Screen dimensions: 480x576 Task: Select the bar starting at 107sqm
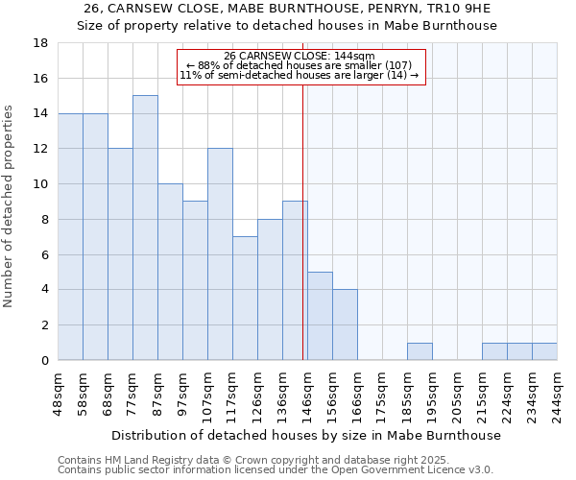point(220,254)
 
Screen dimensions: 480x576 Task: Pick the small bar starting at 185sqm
point(420,351)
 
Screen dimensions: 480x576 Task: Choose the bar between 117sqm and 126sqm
point(245,299)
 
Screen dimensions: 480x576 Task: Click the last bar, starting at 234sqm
point(544,351)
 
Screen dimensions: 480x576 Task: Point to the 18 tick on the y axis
point(40,43)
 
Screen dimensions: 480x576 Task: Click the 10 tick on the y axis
point(40,184)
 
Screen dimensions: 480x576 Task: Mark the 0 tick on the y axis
point(44,361)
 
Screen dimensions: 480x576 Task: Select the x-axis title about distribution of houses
point(307,436)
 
